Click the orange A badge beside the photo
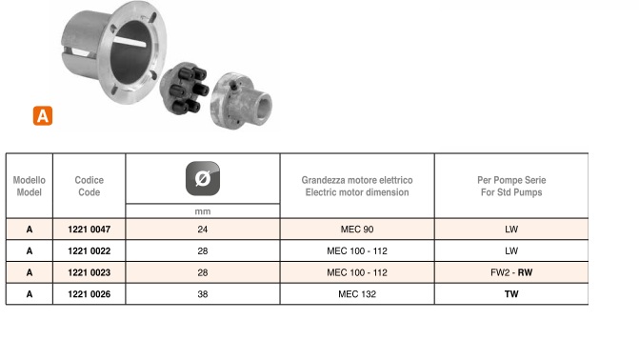pos(43,116)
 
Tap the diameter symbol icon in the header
pos(203,179)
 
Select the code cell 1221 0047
pos(90,230)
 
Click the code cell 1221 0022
pos(90,250)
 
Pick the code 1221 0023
pos(90,272)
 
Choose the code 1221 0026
pos(90,294)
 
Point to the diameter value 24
pos(203,230)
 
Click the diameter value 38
pos(203,294)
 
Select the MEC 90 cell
pos(357,230)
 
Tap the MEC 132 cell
pos(357,294)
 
